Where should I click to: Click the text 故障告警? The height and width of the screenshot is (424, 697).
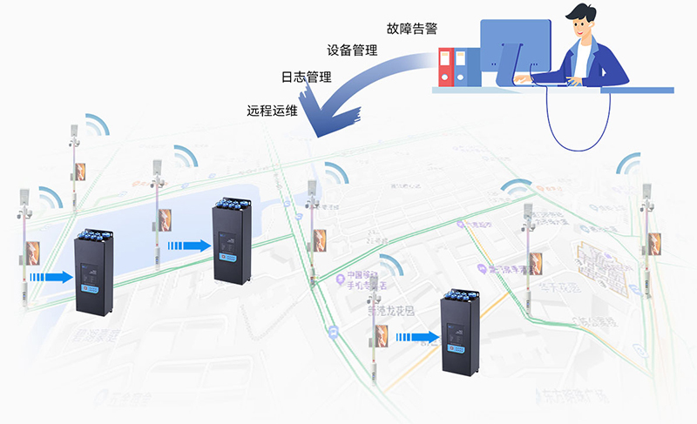[x=413, y=25]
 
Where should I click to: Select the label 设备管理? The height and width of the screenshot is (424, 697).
[x=352, y=50]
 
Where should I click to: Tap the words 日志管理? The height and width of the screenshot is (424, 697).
[x=306, y=77]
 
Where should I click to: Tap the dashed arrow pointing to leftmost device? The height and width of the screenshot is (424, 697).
[x=50, y=277]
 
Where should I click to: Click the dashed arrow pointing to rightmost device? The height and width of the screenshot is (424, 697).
[x=422, y=337]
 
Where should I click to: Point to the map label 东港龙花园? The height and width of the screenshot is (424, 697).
[x=389, y=311]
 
